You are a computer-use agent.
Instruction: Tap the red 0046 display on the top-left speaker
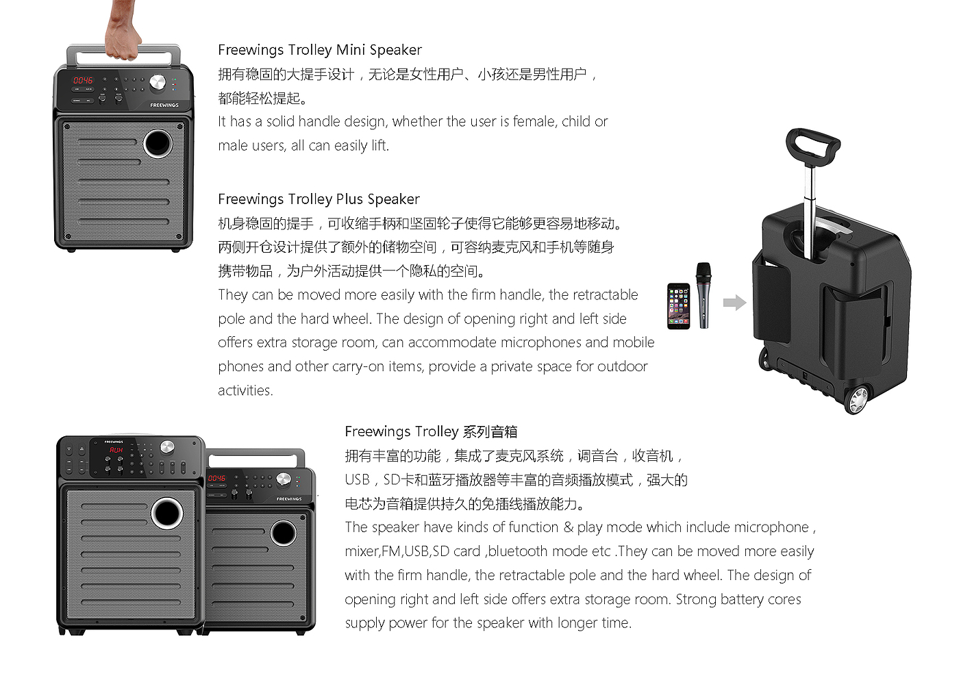tap(83, 81)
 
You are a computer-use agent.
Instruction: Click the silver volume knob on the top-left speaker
tap(158, 82)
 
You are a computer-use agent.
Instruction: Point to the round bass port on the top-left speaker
tap(158, 143)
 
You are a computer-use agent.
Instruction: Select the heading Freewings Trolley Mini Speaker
tap(320, 50)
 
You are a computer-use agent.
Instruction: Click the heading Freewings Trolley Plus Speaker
tap(319, 199)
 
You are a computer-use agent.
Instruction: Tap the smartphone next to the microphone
tap(679, 306)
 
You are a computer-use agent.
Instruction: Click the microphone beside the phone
tap(703, 295)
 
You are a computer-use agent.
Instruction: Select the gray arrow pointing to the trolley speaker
tap(734, 303)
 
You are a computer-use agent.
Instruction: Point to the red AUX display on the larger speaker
tap(116, 450)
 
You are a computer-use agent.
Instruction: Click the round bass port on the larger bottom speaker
tap(167, 513)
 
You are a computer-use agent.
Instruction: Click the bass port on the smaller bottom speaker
tap(283, 533)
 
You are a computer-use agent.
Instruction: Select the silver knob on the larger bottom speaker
tap(166, 447)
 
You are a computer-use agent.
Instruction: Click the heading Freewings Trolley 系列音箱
tap(431, 431)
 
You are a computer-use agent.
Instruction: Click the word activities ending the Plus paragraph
tap(245, 390)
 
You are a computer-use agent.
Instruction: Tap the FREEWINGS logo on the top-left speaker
tap(164, 105)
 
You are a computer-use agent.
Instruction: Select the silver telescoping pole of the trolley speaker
tap(809, 210)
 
